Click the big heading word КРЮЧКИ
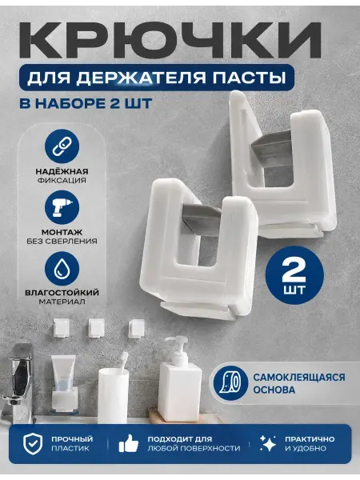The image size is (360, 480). click(171, 39)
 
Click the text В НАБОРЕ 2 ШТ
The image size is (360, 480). click(86, 103)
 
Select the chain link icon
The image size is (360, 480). click(62, 146)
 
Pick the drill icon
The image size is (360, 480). click(62, 207)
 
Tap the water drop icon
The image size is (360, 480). click(62, 268)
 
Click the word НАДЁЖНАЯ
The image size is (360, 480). click(62, 171)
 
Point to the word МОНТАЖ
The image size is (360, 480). click(62, 232)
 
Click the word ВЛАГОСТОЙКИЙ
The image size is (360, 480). click(62, 292)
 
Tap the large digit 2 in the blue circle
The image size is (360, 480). click(294, 270)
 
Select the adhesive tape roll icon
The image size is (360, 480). click(230, 383)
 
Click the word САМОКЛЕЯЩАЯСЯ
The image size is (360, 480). click(298, 377)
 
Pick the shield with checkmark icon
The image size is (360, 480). click(33, 443)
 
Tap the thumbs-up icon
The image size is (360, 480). click(129, 443)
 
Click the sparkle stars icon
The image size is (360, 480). click(267, 443)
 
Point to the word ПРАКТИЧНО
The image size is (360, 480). click(310, 439)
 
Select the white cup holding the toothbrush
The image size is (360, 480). click(113, 395)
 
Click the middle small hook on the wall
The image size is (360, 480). click(97, 328)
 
